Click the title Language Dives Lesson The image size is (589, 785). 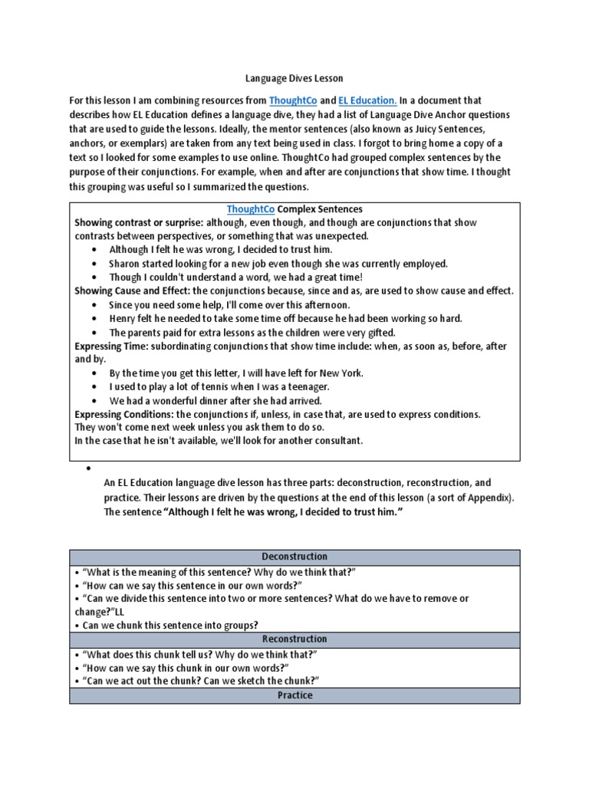pyautogui.click(x=294, y=78)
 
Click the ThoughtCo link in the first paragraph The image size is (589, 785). pyautogui.click(x=292, y=100)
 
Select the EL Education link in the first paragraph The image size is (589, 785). pyautogui.click(x=367, y=100)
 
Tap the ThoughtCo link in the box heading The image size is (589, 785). pyautogui.click(x=250, y=209)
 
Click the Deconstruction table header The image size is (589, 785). pyautogui.click(x=294, y=557)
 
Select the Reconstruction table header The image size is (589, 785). pyautogui.click(x=294, y=639)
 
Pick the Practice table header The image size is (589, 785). pyautogui.click(x=294, y=695)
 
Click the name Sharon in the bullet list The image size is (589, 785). pyautogui.click(x=126, y=264)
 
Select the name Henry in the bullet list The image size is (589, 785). pyautogui.click(x=123, y=318)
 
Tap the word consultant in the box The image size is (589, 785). pyautogui.click(x=336, y=441)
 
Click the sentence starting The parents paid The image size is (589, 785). pyautogui.click(x=252, y=332)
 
